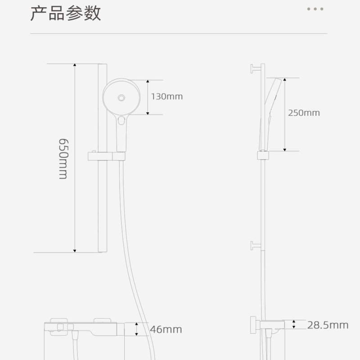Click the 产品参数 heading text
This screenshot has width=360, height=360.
(x=66, y=13)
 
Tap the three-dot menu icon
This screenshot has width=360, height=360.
(x=315, y=9)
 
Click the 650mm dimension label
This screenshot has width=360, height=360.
(x=63, y=158)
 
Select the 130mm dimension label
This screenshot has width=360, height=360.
(x=167, y=96)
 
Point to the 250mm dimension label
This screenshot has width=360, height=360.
(x=304, y=112)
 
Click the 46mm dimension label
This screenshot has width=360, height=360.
(x=166, y=329)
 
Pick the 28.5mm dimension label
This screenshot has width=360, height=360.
(x=328, y=325)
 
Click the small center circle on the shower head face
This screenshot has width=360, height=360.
(x=121, y=97)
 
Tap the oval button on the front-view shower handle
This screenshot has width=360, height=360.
(x=121, y=121)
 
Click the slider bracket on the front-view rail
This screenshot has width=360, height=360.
(x=106, y=156)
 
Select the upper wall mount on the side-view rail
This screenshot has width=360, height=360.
(x=256, y=68)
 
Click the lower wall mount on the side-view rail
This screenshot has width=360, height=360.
(x=256, y=246)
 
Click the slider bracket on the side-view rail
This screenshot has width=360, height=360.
(x=263, y=155)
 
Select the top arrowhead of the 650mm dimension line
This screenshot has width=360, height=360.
(x=75, y=66)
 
